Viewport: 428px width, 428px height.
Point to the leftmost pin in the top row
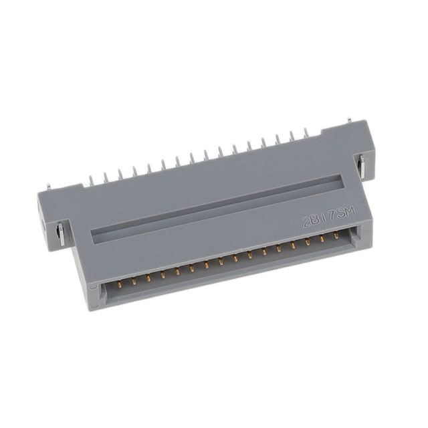(91, 180)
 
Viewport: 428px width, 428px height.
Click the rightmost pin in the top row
(306, 134)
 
